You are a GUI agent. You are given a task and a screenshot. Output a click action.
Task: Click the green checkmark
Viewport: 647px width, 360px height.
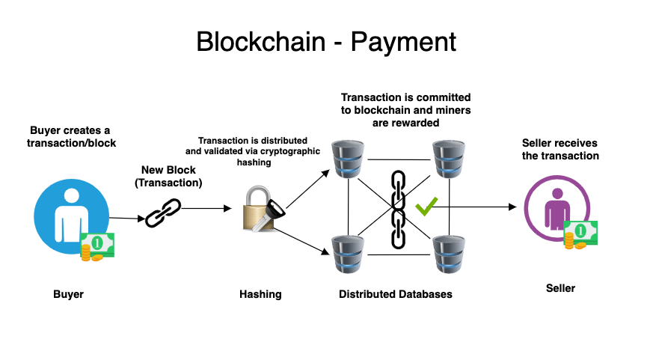pos(426,206)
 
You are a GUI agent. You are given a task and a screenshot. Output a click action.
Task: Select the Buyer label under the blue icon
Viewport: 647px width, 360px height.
pos(68,294)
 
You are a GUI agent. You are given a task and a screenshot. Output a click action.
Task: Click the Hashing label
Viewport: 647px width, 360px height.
pos(260,294)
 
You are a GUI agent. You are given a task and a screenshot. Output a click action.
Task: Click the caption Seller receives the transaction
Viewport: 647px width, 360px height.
pos(560,150)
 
